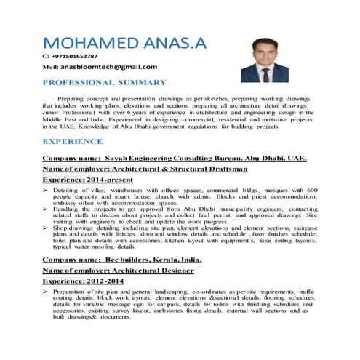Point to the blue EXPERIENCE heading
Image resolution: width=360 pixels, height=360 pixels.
coord(73,141)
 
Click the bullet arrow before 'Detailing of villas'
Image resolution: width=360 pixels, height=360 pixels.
coord(46,189)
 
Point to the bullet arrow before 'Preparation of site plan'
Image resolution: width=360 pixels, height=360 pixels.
coord(46,292)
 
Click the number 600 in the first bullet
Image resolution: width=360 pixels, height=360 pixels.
coord(311,189)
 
